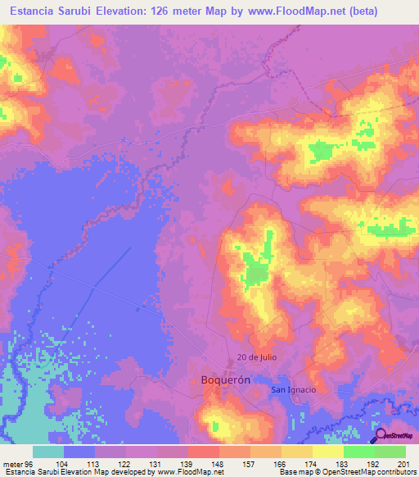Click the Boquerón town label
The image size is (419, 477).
point(225,380)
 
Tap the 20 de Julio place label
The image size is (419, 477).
point(254,357)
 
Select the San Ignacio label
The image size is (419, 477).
point(294,389)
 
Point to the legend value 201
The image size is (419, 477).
point(401,463)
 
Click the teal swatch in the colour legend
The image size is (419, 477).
point(48,452)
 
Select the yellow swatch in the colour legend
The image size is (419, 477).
point(328,452)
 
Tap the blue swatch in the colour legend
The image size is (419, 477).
point(79,452)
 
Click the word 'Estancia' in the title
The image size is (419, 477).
point(32,12)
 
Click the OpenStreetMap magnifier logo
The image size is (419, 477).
point(379,435)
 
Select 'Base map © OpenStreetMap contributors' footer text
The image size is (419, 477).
point(348,472)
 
